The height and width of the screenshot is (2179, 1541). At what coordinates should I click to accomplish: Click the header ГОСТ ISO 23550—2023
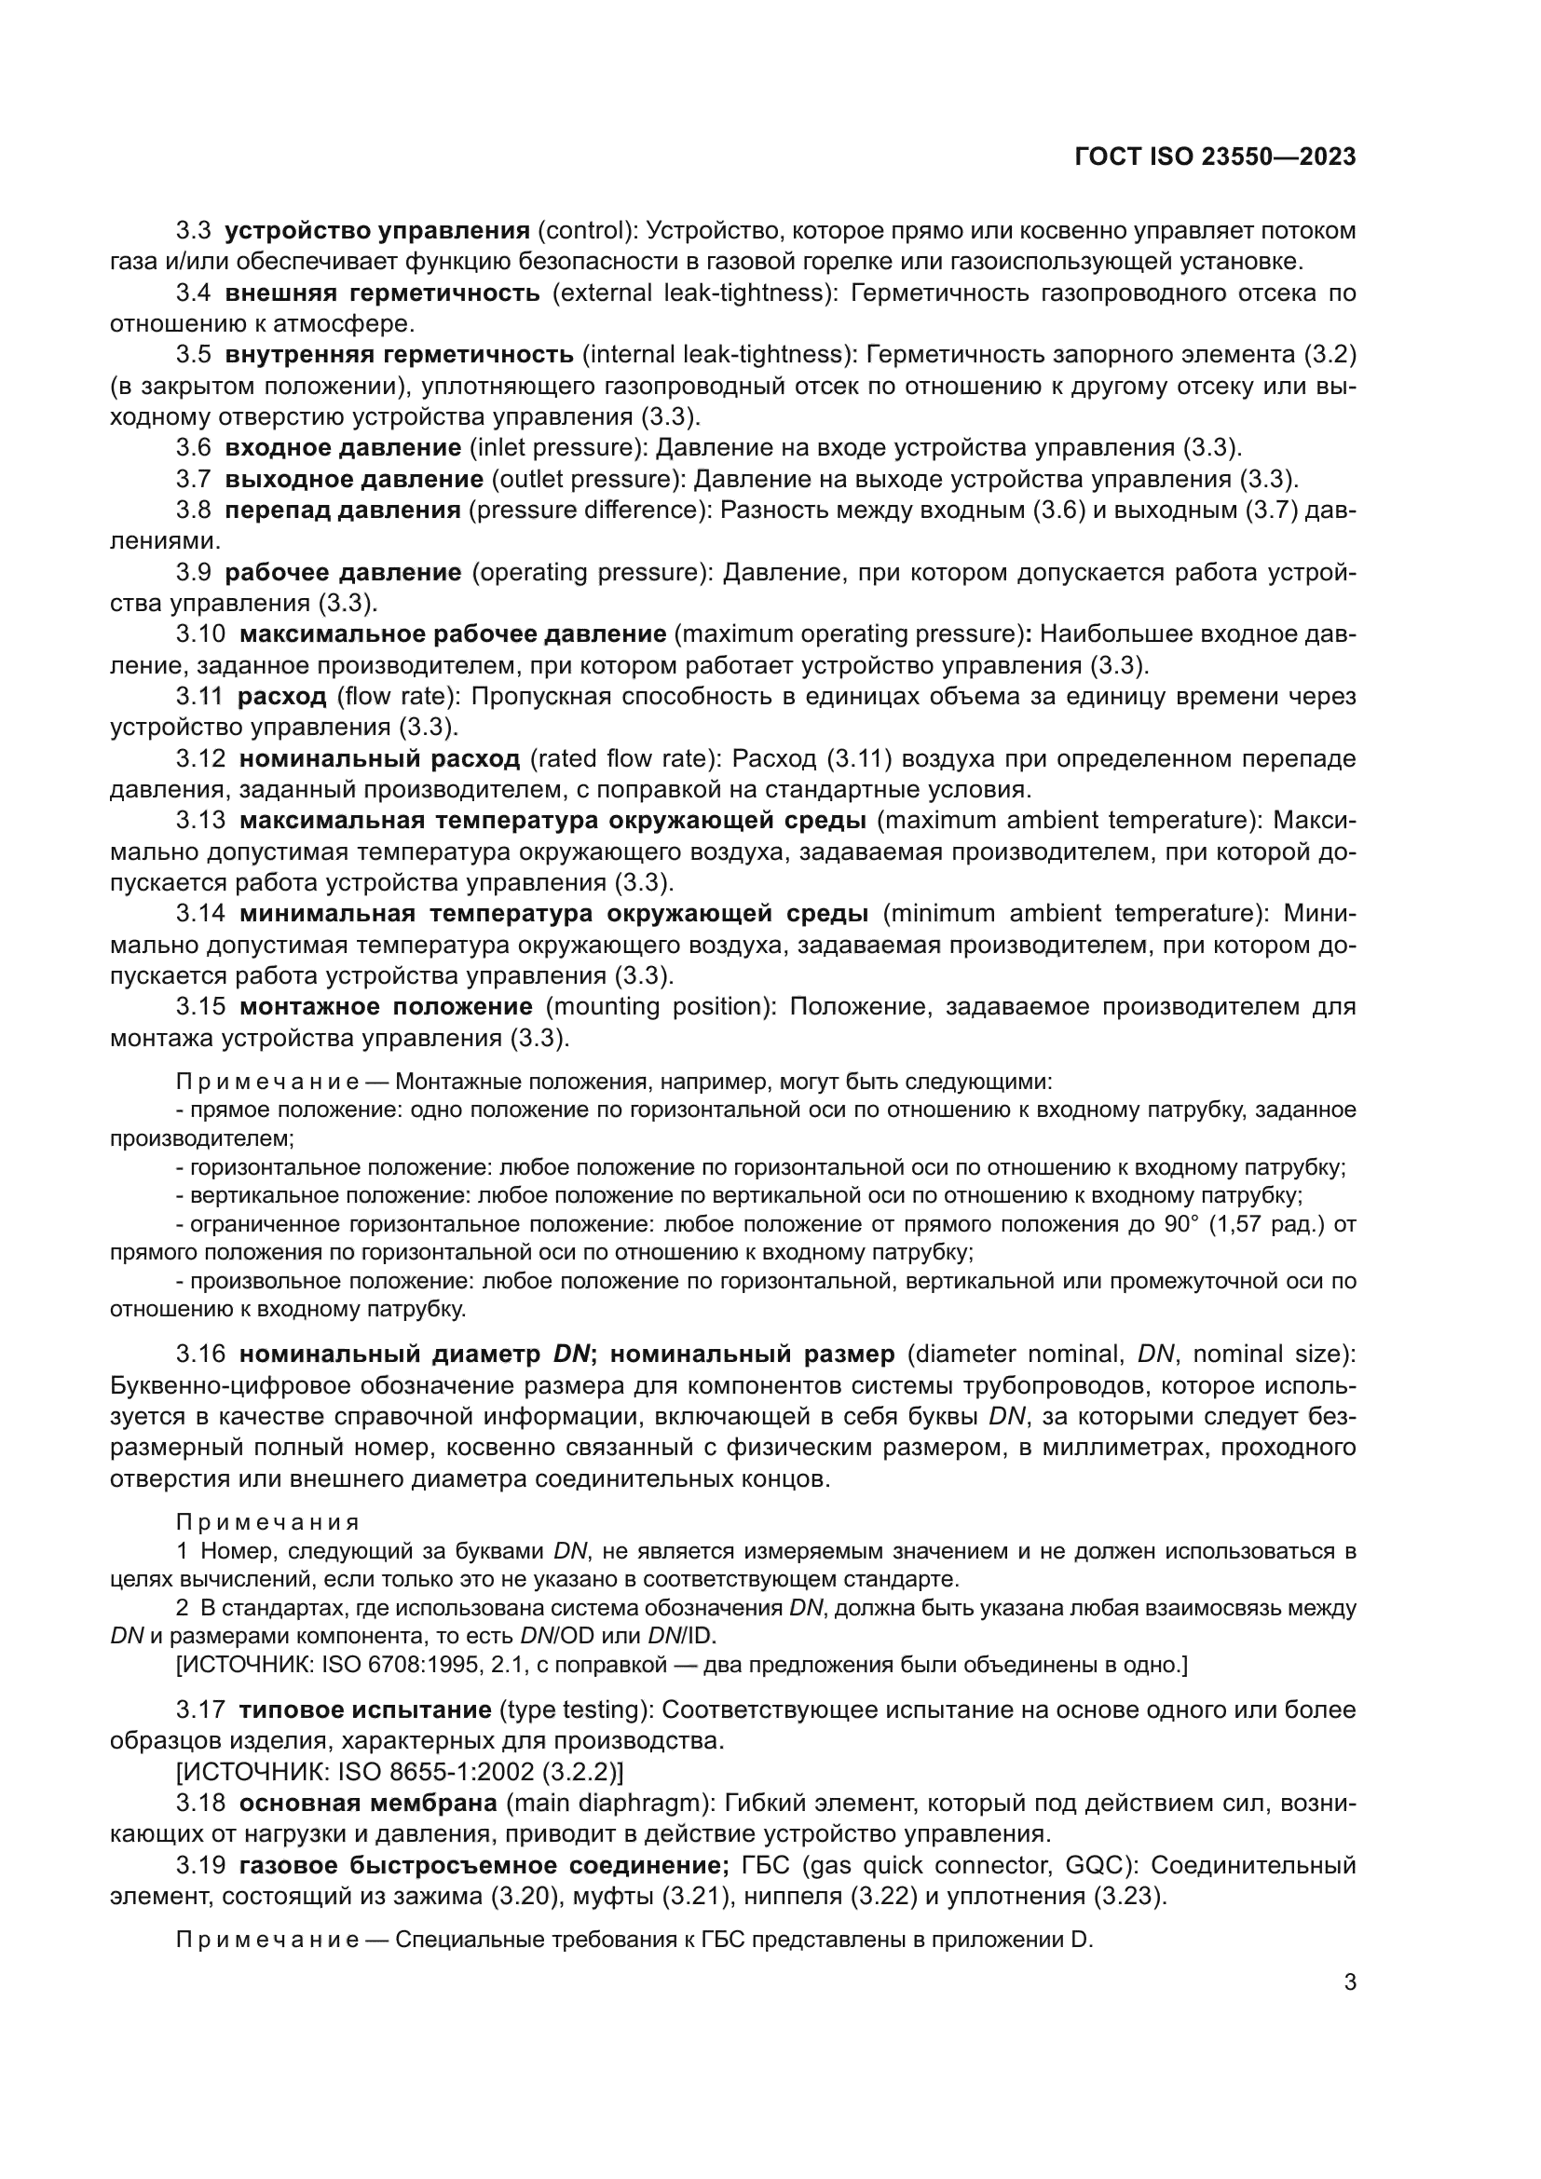[1215, 157]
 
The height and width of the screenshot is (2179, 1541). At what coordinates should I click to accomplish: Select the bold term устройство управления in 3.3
[376, 231]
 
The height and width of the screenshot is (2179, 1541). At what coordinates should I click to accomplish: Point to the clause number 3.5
[193, 354]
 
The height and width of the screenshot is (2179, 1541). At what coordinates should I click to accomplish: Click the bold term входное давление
[343, 447]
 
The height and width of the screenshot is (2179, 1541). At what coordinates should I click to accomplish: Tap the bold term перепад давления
[343, 510]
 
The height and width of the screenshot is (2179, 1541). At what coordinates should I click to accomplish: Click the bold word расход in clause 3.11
[280, 696]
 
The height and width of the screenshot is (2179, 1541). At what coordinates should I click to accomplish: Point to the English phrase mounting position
[656, 1005]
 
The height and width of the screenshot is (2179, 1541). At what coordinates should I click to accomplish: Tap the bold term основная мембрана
[368, 1803]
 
